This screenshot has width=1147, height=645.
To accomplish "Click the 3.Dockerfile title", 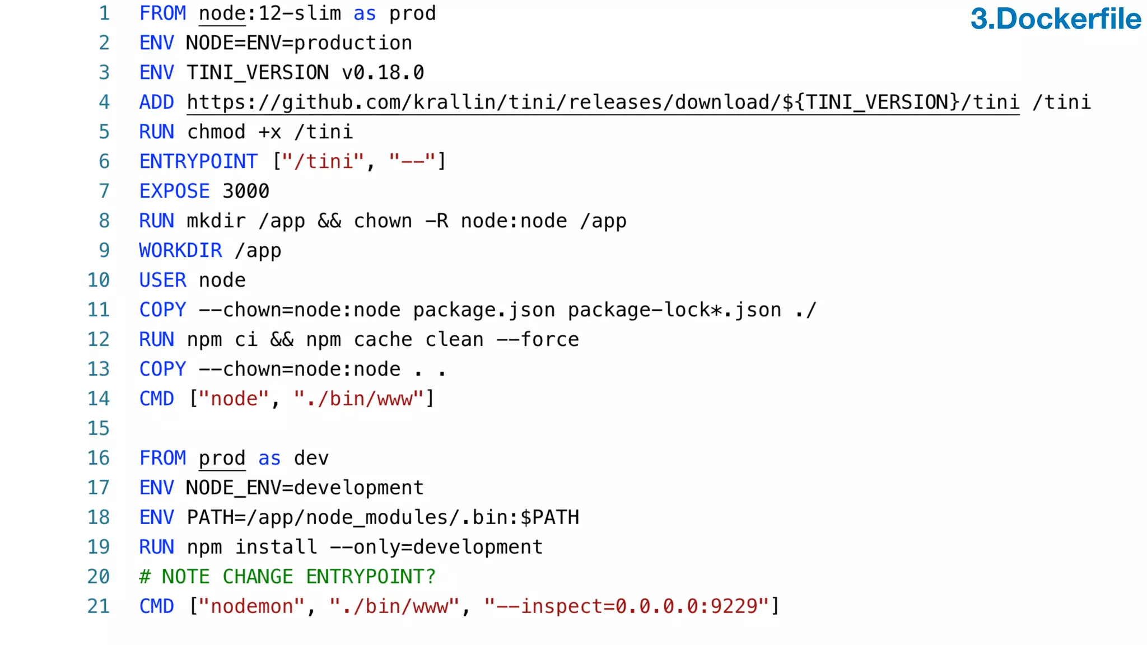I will [x=1055, y=19].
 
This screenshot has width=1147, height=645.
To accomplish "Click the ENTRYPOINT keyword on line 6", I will [x=198, y=161].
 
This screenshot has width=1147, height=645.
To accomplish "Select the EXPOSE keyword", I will [x=174, y=191].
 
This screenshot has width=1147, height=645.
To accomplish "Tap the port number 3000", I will [x=246, y=191].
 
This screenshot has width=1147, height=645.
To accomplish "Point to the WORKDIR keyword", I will [x=180, y=250].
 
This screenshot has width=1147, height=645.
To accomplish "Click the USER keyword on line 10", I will [x=162, y=280].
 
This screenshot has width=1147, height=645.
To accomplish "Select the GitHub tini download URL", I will [x=603, y=102].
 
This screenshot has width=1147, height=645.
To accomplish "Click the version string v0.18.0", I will [x=383, y=73].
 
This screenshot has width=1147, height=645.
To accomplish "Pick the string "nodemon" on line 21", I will [x=251, y=606].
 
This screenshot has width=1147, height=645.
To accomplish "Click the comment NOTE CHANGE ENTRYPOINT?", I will [x=287, y=577].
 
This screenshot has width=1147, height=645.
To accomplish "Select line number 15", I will [x=99, y=428].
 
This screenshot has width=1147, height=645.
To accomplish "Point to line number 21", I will [x=99, y=606].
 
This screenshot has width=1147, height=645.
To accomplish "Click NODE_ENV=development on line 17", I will [x=305, y=488].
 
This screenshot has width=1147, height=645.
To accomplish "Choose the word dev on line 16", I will [x=311, y=458].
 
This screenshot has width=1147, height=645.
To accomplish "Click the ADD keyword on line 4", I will [x=156, y=102].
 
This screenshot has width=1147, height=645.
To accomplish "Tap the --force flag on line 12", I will [x=538, y=339].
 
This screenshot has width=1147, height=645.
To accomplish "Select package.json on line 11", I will [x=484, y=310].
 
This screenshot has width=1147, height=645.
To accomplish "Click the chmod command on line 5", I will [x=216, y=132].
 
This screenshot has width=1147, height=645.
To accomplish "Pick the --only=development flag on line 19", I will [x=436, y=547].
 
